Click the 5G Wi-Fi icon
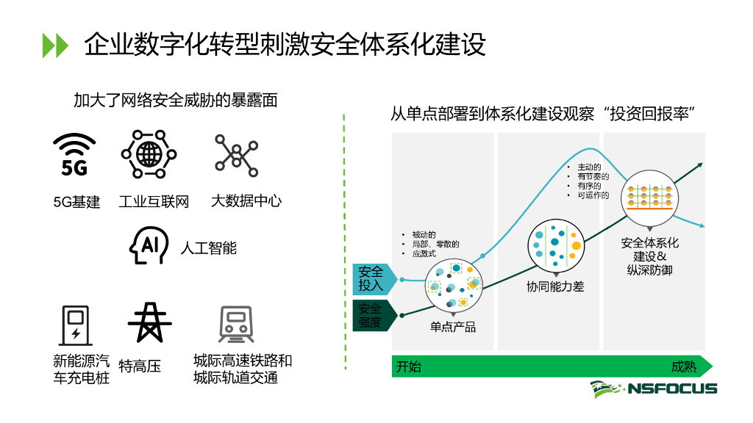(x=75, y=156)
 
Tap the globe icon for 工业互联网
(x=149, y=154)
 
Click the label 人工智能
(x=209, y=248)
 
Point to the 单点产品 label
(x=453, y=327)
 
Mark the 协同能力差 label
(x=555, y=286)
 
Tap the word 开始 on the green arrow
(x=409, y=366)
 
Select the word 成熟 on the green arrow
(x=684, y=366)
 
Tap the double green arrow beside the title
(x=55, y=45)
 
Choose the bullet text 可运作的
(x=593, y=195)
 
